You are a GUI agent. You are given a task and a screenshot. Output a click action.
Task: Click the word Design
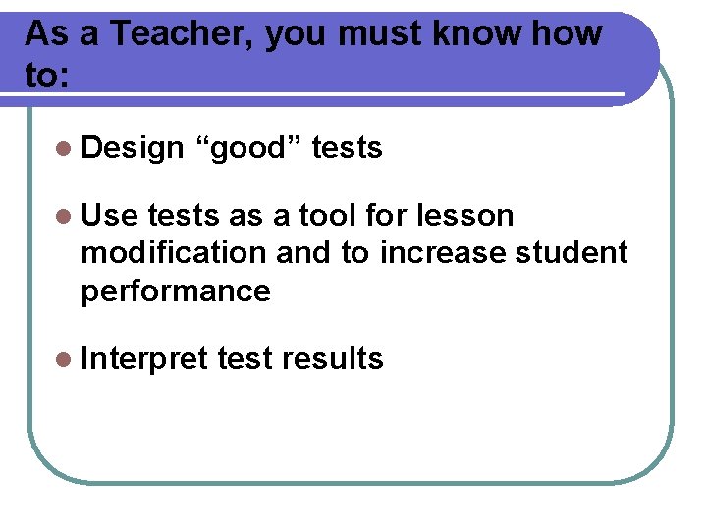(133, 149)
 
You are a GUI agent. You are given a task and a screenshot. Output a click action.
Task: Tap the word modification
(173, 253)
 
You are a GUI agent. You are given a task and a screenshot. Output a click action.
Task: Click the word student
(572, 253)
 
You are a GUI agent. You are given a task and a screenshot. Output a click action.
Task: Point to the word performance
(175, 291)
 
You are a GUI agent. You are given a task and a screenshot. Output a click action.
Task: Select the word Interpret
(145, 359)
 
